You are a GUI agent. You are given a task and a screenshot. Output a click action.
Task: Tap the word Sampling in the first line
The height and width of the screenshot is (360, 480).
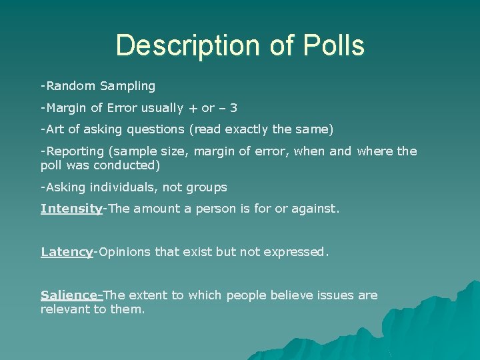pos(127,86)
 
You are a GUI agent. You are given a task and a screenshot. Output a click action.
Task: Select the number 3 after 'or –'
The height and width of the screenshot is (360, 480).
pos(233,108)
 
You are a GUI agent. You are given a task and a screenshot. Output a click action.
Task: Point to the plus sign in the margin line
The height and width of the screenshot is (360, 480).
pos(193,108)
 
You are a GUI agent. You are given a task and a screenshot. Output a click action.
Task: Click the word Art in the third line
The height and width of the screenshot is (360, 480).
pos(55,129)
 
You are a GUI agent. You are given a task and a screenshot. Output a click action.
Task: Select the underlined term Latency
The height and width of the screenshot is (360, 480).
pos(66,252)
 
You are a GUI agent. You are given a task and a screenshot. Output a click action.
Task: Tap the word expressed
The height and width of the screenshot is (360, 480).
pos(297,252)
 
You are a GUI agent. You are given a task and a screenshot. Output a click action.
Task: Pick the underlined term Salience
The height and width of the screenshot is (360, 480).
pos(69,295)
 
